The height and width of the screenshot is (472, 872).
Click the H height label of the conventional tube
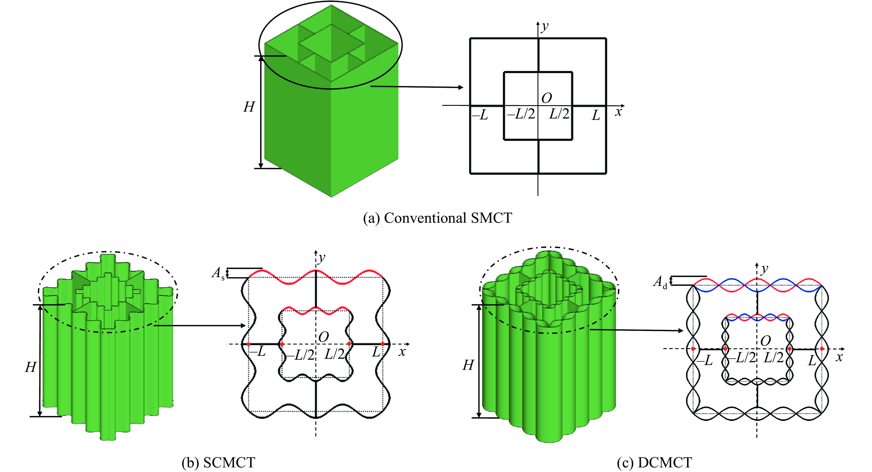click(249, 107)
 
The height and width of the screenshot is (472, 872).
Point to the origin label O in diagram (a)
click(546, 98)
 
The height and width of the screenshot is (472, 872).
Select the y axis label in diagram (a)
click(545, 26)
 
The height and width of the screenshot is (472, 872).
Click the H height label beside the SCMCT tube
click(30, 367)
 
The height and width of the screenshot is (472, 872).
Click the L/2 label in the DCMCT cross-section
click(773, 358)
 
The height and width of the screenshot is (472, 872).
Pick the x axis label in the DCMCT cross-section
click(839, 357)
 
